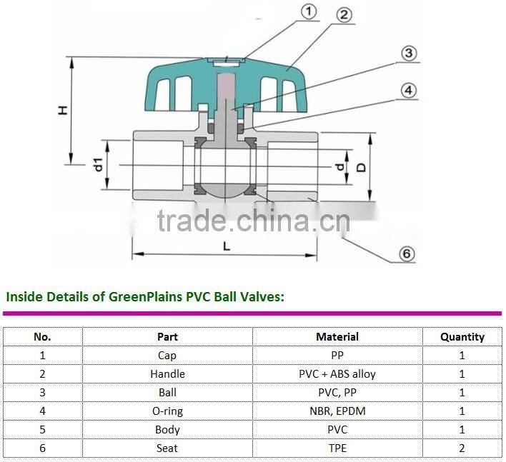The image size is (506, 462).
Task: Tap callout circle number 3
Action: coord(407,54)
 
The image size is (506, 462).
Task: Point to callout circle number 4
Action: coord(407,91)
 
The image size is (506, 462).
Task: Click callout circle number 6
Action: coord(406,253)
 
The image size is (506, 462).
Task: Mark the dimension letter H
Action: coord(63,111)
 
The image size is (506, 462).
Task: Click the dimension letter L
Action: coord(226,246)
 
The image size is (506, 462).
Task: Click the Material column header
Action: coord(337,336)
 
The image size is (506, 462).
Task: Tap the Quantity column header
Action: coord(462,336)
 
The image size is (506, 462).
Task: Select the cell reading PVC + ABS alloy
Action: coord(337,373)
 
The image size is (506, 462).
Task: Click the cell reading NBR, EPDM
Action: coord(337,411)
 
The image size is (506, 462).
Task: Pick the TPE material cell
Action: coord(337,448)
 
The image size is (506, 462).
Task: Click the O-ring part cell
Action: coord(167,411)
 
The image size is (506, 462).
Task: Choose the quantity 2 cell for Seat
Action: coord(462,448)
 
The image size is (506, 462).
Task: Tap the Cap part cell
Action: coord(167,355)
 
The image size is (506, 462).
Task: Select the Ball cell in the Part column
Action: coord(167,392)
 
